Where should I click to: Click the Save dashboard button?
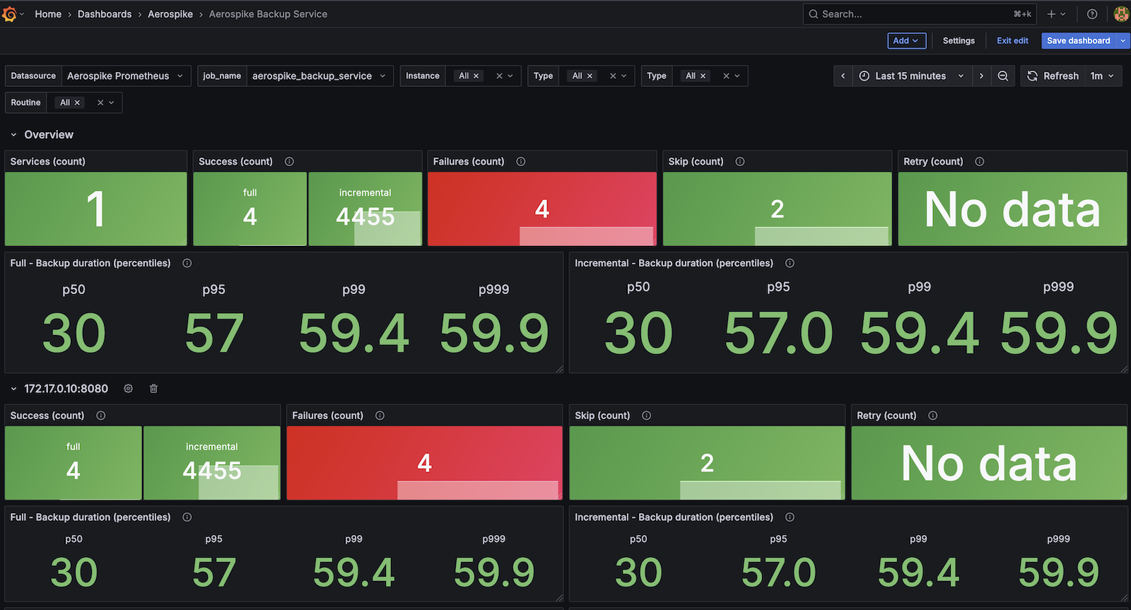(1078, 41)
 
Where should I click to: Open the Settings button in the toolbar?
(959, 41)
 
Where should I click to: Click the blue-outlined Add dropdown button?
(906, 41)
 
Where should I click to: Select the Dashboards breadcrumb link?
(105, 14)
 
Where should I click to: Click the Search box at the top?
(912, 14)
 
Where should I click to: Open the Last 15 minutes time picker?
(910, 76)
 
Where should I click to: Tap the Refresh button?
(1053, 76)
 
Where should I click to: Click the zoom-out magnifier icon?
(1003, 76)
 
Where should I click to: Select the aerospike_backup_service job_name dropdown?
(318, 76)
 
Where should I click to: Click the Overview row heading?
(49, 135)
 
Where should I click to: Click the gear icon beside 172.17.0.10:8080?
(129, 389)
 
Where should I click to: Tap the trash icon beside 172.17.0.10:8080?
(154, 389)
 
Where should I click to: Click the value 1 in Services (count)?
(95, 209)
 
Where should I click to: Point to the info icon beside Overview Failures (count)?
(521, 162)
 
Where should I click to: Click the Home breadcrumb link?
(48, 14)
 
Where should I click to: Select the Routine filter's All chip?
(69, 103)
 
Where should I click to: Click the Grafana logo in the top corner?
(9, 14)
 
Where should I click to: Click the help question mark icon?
(1092, 14)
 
